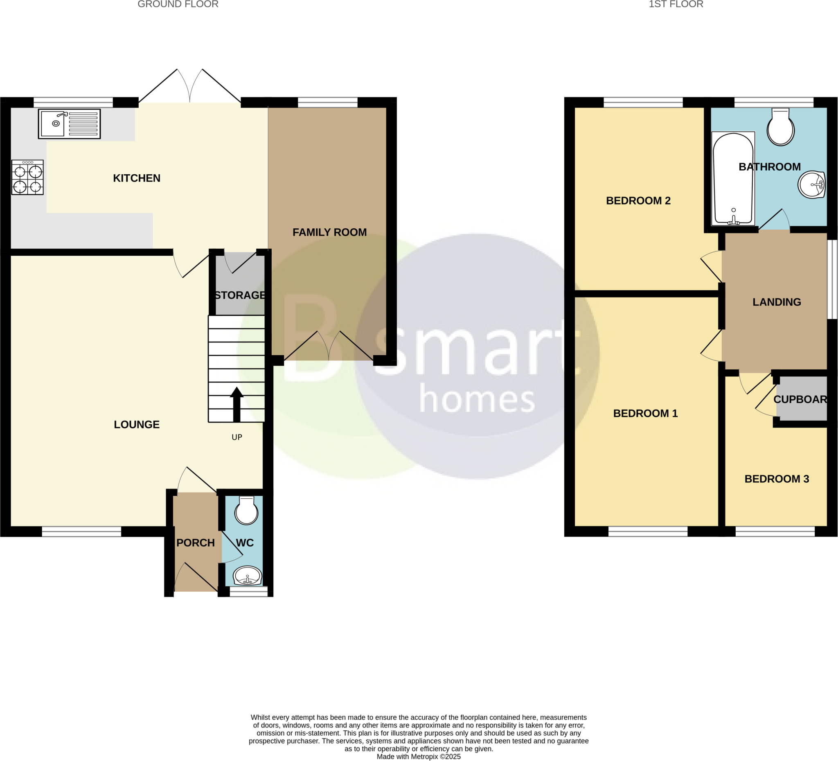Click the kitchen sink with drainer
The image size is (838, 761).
tap(70, 124)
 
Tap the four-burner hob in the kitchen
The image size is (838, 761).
tap(27, 178)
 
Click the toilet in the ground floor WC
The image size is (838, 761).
tap(246, 510)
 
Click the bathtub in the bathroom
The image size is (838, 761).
tap(733, 179)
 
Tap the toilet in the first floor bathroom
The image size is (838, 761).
tap(780, 127)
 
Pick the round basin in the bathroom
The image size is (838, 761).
tap(811, 185)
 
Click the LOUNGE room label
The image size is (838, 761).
tap(137, 424)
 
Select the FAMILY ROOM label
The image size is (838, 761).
tap(330, 232)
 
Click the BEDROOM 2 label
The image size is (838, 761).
tap(638, 201)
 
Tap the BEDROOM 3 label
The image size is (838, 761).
tap(777, 479)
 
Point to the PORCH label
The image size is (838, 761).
tap(195, 543)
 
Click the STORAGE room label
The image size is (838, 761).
tap(240, 295)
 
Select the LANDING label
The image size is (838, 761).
tap(777, 302)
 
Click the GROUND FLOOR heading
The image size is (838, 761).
tap(178, 5)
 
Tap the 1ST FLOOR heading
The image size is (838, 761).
tap(676, 5)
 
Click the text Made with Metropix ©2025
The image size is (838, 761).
tap(419, 756)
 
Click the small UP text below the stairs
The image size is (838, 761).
tap(237, 437)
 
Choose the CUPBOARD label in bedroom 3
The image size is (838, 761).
tap(800, 399)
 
